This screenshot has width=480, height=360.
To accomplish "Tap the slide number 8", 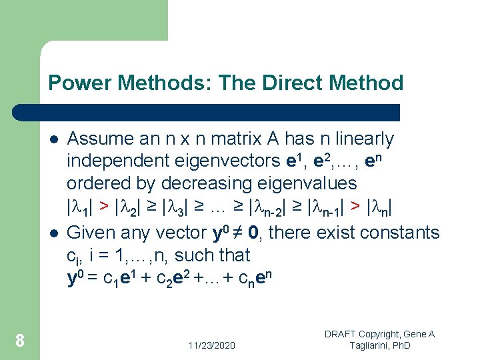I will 20,341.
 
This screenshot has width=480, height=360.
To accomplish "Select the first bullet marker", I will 53,140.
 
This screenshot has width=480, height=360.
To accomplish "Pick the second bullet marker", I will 53,233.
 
